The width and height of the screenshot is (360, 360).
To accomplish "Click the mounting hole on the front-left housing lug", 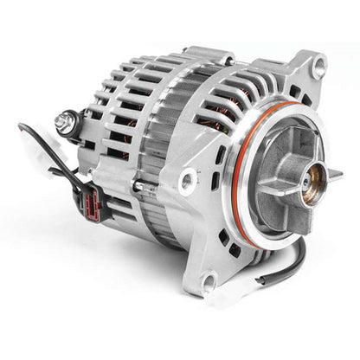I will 186,181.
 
